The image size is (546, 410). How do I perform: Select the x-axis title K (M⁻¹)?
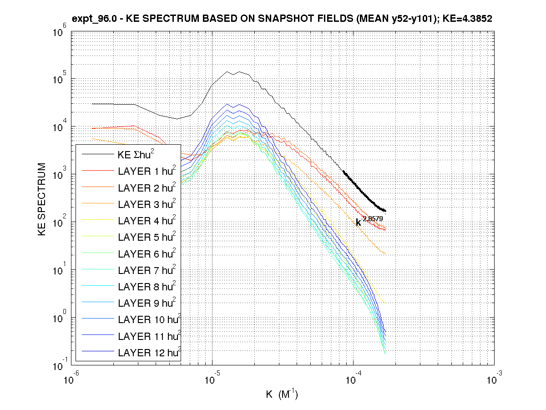coord(282,394)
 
